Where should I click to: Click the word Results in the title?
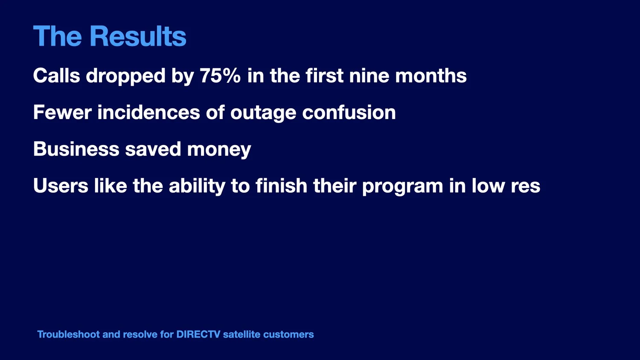pyautogui.click(x=138, y=36)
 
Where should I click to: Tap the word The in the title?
pyautogui.click(x=58, y=36)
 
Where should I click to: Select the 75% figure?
pyautogui.click(x=220, y=75)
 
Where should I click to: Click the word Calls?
pyautogui.click(x=57, y=75)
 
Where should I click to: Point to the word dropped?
pyautogui.click(x=126, y=76)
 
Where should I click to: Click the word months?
pyautogui.click(x=431, y=75)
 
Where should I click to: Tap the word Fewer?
pyautogui.click(x=63, y=112)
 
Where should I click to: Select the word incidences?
pyautogui.click(x=148, y=112)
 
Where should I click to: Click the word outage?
pyautogui.click(x=263, y=113)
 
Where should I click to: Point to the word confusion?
pyautogui.click(x=349, y=112)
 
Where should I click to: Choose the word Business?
pyautogui.click(x=76, y=148)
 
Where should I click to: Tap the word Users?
pyautogui.click(x=61, y=186)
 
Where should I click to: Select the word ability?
pyautogui.click(x=197, y=186)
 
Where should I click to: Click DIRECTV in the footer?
pyautogui.click(x=198, y=334)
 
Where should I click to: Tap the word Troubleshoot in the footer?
pyautogui.click(x=69, y=334)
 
